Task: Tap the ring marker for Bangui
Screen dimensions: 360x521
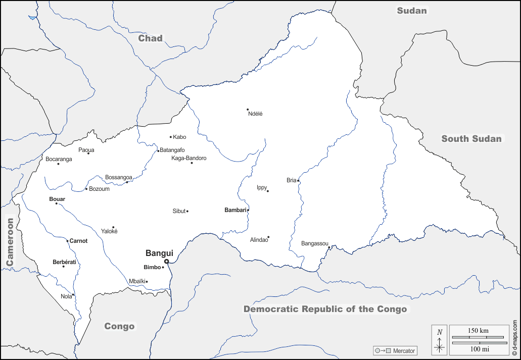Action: pyautogui.click(x=167, y=262)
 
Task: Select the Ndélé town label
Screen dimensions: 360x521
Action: pyautogui.click(x=255, y=114)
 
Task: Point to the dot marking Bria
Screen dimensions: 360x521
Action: pyautogui.click(x=298, y=181)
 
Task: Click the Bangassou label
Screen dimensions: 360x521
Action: pyautogui.click(x=314, y=243)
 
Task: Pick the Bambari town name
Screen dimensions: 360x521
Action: pyautogui.click(x=235, y=210)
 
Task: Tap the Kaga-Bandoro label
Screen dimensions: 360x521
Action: pyautogui.click(x=189, y=158)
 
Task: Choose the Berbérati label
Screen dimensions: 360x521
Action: pyautogui.click(x=64, y=262)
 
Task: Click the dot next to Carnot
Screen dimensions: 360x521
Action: pyautogui.click(x=67, y=241)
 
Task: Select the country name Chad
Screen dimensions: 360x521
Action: pyautogui.click(x=151, y=38)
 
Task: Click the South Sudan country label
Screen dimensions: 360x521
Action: pyautogui.click(x=471, y=139)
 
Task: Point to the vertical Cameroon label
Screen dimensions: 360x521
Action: pyautogui.click(x=10, y=242)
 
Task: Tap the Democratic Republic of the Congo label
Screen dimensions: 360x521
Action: pyautogui.click(x=325, y=309)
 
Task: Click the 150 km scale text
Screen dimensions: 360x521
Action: pyautogui.click(x=478, y=330)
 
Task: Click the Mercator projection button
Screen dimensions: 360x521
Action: pyautogui.click(x=395, y=350)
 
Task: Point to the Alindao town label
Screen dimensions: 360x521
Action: pyautogui.click(x=259, y=240)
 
